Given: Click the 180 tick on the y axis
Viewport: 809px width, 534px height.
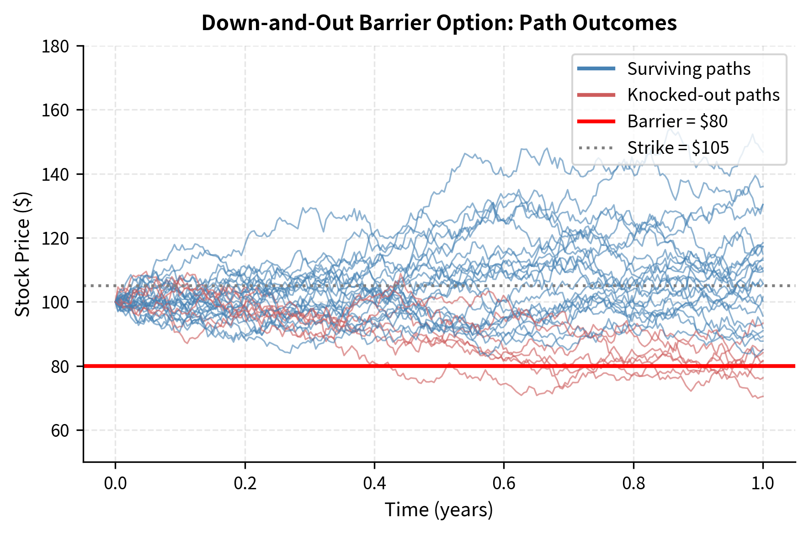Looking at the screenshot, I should coord(55,46).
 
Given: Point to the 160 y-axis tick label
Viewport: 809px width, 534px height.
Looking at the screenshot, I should coord(55,110).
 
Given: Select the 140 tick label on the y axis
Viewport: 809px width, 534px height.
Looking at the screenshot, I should coord(55,174).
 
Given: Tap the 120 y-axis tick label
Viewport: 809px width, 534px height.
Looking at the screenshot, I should coord(55,238).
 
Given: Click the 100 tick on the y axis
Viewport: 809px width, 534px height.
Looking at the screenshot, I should coord(55,302).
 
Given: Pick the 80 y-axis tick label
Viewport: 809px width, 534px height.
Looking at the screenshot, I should coord(59,366).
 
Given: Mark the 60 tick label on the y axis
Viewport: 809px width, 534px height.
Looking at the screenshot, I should coord(59,430).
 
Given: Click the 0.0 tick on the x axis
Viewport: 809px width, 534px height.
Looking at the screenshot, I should coord(115,483).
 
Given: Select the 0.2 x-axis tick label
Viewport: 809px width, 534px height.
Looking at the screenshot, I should coord(245,483).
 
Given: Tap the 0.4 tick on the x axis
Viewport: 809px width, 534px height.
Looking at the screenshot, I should coord(374,483).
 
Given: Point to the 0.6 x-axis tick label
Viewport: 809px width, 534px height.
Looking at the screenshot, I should coord(504,483).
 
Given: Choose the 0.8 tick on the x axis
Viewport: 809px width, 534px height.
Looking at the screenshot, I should coord(633,483).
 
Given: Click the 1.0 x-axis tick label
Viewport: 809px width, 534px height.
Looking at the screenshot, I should coord(763,483).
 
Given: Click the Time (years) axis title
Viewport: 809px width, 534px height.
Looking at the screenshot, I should coord(439,510).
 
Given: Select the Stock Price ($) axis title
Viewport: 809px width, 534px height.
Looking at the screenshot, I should coord(22,254).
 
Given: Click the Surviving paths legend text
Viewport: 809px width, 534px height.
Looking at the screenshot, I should coord(688,69).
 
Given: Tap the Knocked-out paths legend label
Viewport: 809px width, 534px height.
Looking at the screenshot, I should coord(703,95).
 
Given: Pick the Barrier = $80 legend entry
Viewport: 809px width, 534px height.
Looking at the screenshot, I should coord(677,121).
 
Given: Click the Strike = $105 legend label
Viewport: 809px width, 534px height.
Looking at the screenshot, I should coord(678,148).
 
